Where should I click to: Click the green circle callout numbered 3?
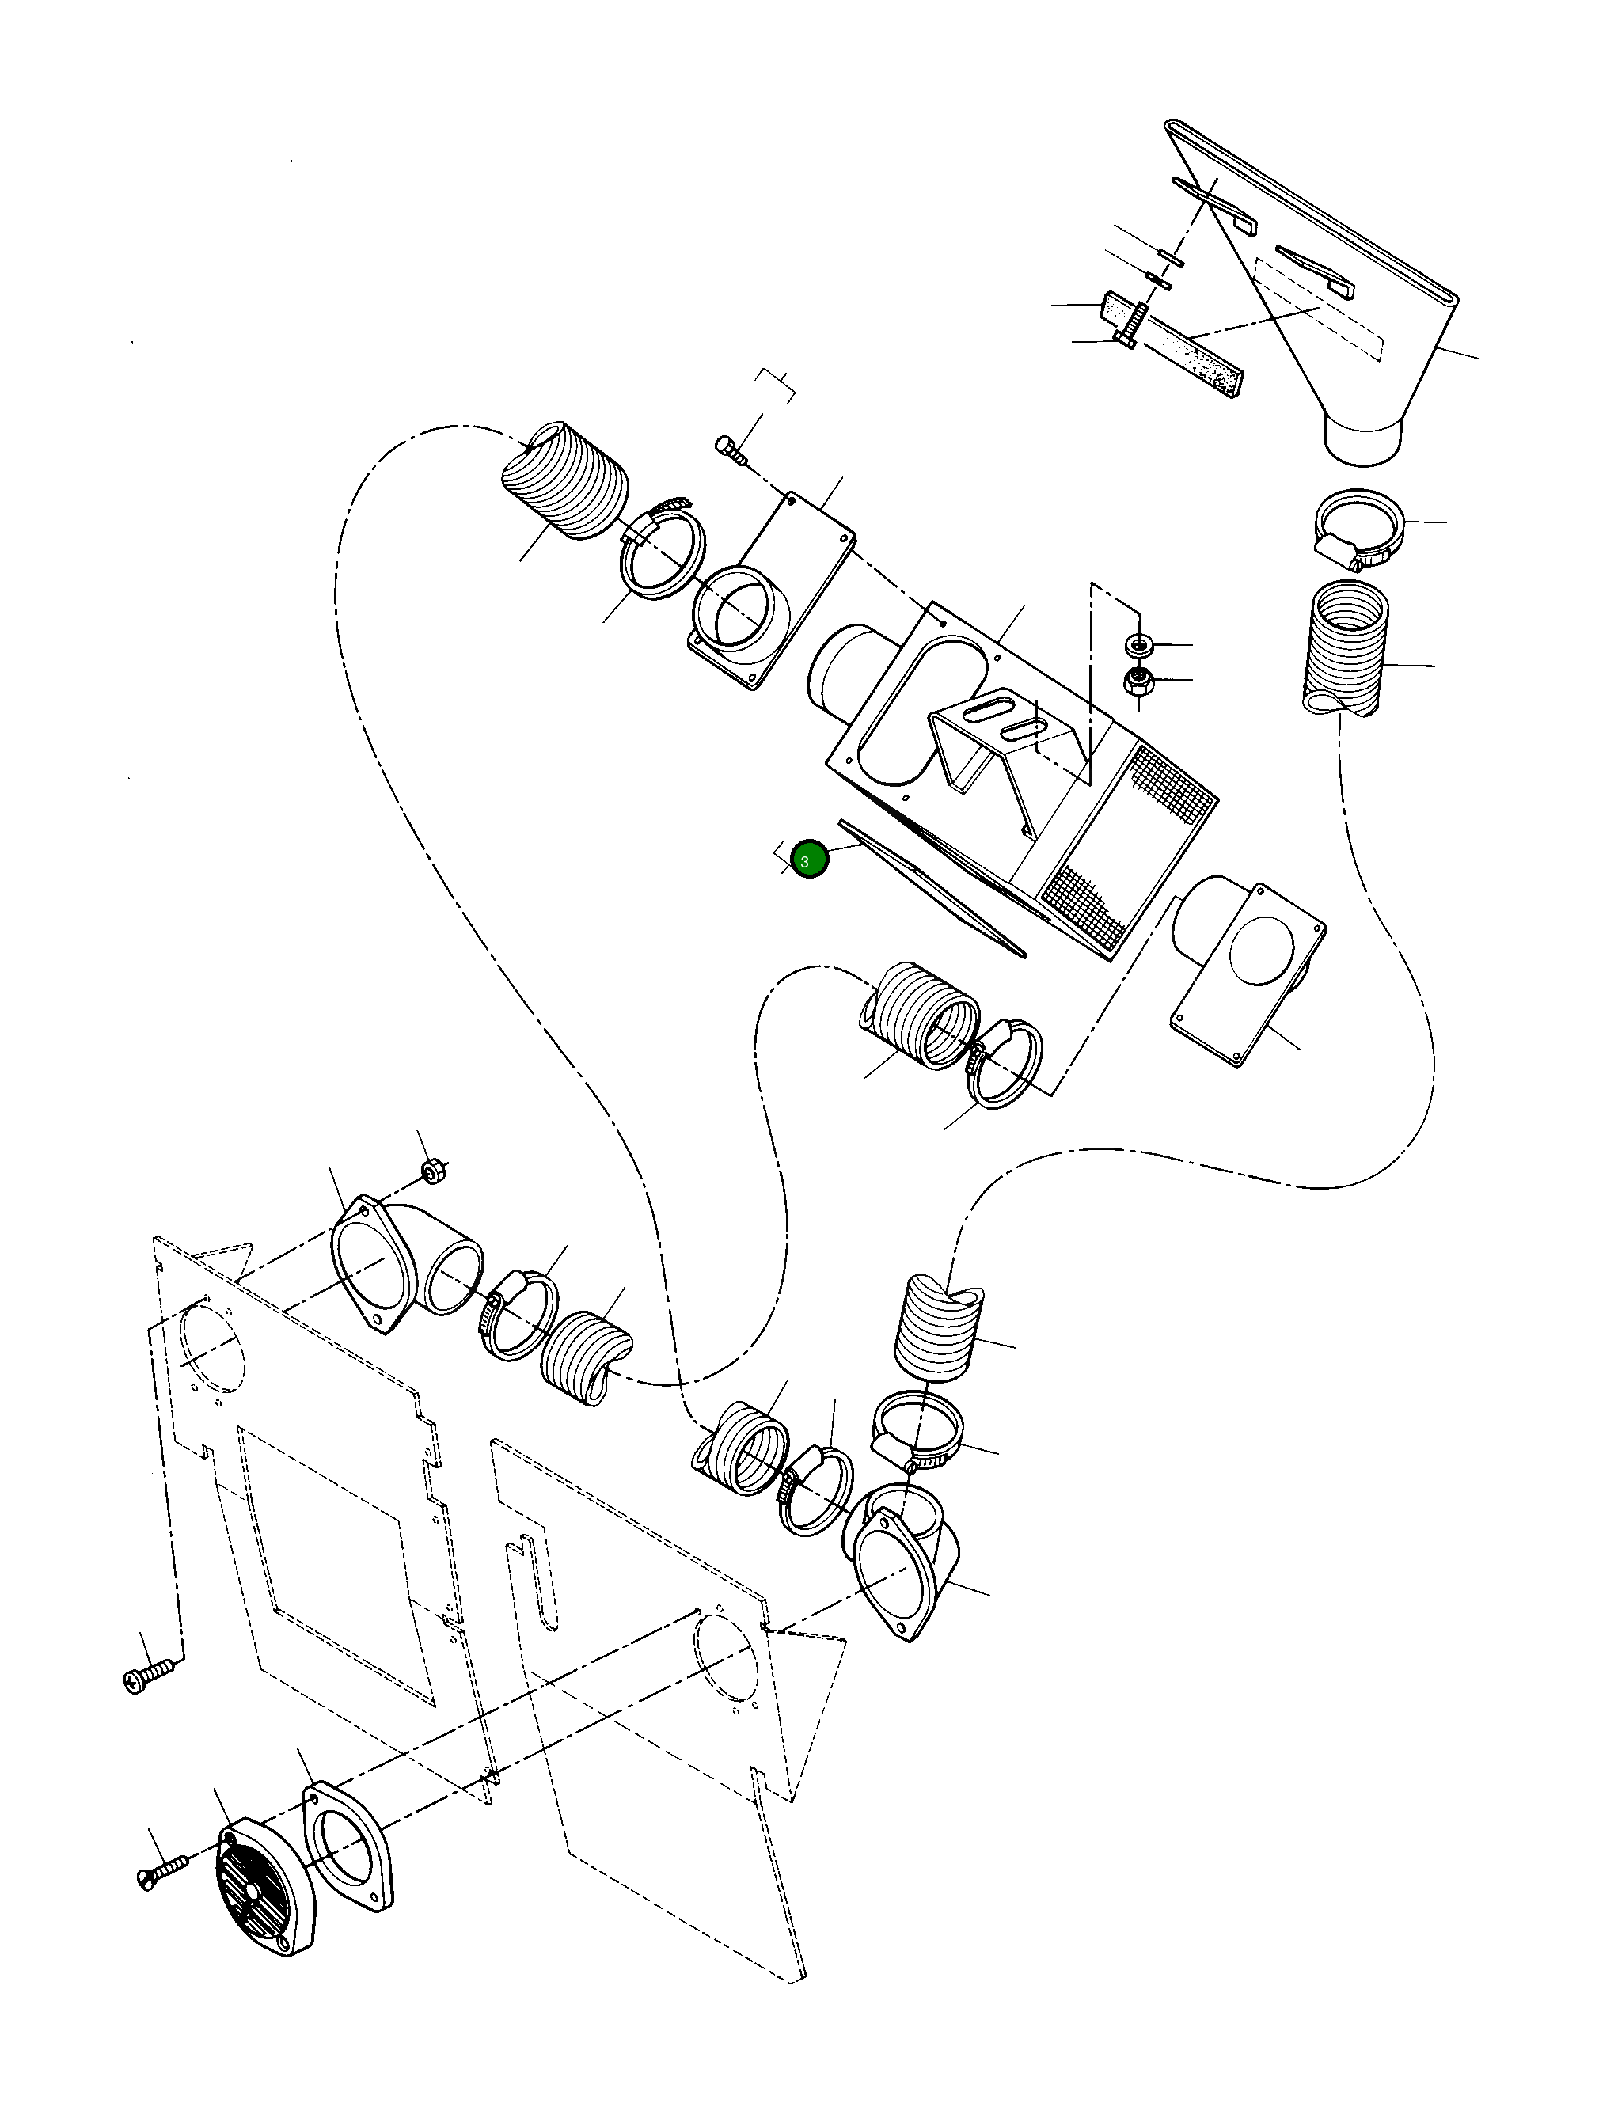[x=809, y=860]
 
